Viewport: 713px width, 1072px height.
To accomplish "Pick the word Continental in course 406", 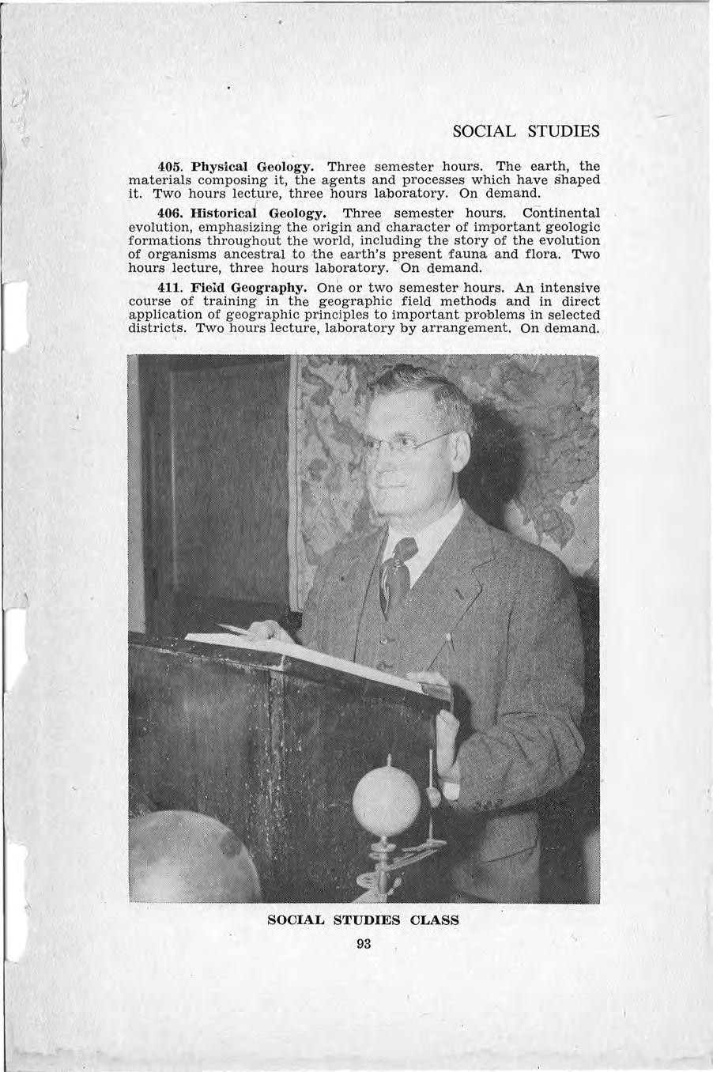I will (560, 213).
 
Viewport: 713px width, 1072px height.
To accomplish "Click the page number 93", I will (364, 944).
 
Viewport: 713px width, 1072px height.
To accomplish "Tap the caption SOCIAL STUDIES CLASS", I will (364, 920).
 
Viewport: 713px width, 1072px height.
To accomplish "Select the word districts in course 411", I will (157, 328).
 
